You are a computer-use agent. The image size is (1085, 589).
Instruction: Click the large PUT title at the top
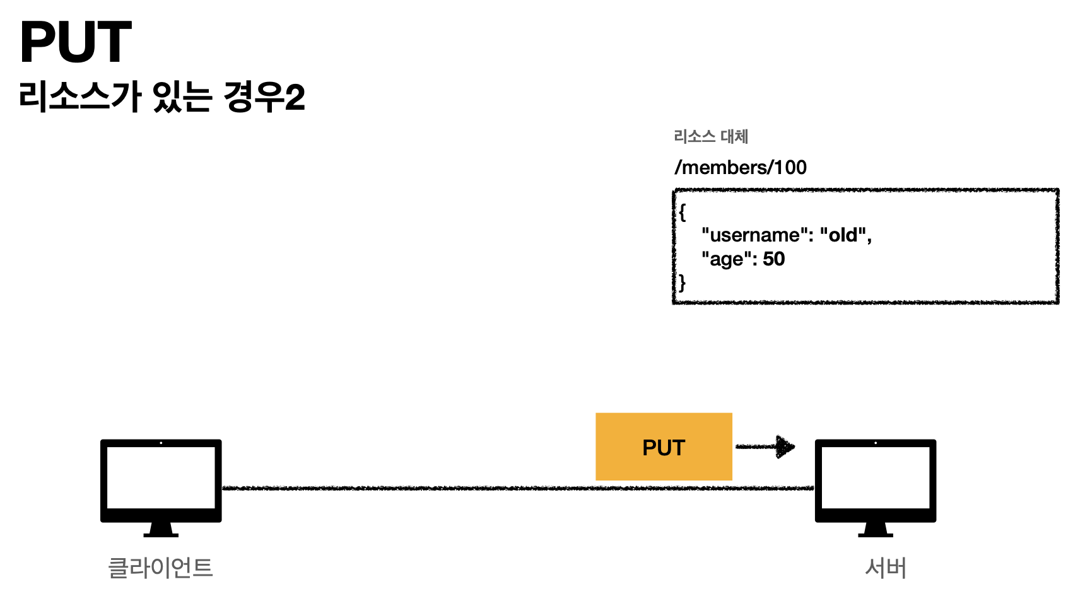pyautogui.click(x=76, y=42)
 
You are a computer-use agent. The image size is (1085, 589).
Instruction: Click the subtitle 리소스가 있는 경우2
pyautogui.click(x=161, y=97)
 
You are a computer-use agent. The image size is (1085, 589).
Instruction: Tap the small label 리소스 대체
pyautogui.click(x=710, y=136)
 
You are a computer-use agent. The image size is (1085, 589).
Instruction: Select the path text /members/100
pyautogui.click(x=740, y=167)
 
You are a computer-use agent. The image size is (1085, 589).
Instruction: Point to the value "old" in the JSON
pyautogui.click(x=843, y=235)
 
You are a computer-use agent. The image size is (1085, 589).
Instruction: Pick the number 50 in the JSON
pyautogui.click(x=774, y=259)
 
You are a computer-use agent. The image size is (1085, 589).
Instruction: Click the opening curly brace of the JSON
pyautogui.click(x=682, y=212)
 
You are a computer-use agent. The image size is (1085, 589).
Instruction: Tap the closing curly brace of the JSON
pyautogui.click(x=682, y=283)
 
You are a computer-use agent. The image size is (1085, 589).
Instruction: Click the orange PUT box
pyautogui.click(x=664, y=447)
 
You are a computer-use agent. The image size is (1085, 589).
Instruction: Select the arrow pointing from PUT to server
pyautogui.click(x=765, y=446)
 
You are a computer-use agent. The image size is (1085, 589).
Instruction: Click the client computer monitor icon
pyautogui.click(x=161, y=480)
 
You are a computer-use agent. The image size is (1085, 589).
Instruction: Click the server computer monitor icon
pyautogui.click(x=875, y=480)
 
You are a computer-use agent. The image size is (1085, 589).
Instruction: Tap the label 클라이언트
pyautogui.click(x=161, y=568)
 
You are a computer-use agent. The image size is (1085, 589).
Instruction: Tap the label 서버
pyautogui.click(x=886, y=568)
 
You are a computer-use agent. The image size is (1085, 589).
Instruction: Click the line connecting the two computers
pyautogui.click(x=410, y=488)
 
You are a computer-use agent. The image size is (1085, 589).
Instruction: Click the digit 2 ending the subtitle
pyautogui.click(x=295, y=98)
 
